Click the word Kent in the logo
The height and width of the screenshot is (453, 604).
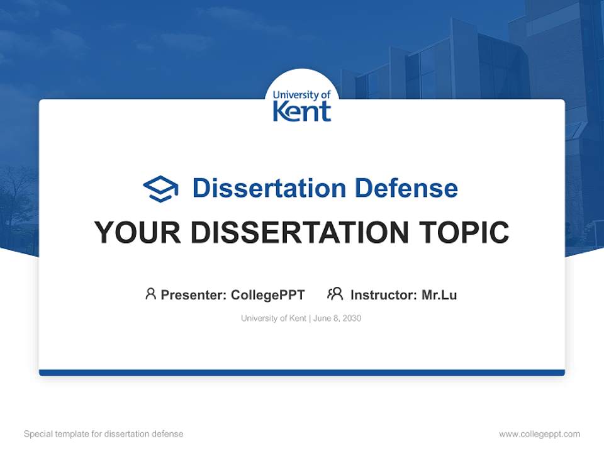[x=301, y=111]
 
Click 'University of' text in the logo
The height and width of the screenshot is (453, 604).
[x=301, y=95]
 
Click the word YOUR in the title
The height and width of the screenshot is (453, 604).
[x=129, y=233]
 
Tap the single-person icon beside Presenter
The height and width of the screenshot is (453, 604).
[x=150, y=294]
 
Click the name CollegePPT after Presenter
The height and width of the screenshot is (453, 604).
[x=267, y=295]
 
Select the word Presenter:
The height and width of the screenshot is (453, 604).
[x=194, y=295]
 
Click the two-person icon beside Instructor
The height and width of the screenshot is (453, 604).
[x=335, y=294]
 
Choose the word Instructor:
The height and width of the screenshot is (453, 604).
[x=384, y=295]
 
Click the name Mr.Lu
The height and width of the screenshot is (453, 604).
[x=439, y=295]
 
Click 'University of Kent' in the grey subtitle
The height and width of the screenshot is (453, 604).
[x=273, y=318]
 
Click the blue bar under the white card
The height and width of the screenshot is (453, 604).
[x=301, y=372]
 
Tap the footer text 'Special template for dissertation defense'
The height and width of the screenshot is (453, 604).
[x=103, y=434]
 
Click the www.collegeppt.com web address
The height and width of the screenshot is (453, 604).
[x=539, y=434]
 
